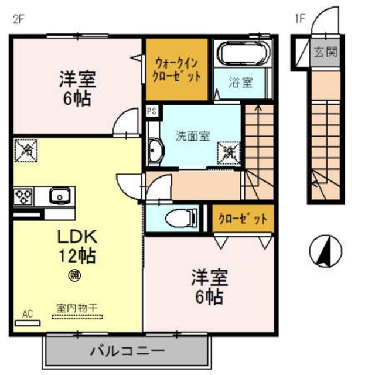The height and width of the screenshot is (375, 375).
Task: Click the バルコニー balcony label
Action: pyautogui.click(x=127, y=352)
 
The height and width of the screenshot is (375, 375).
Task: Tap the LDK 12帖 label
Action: pyautogui.click(x=76, y=246)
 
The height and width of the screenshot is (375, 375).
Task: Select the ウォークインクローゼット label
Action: pyautogui.click(x=177, y=69)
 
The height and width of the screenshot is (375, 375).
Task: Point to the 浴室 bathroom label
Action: pyautogui.click(x=241, y=83)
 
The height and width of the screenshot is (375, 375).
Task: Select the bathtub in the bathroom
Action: pyautogui.click(x=243, y=54)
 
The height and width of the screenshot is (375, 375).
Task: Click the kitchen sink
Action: pyautogui.click(x=60, y=195)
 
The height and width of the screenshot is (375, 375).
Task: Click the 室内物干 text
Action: pyautogui.click(x=77, y=307)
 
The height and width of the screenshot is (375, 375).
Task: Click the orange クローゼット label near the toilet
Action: pyautogui.click(x=242, y=220)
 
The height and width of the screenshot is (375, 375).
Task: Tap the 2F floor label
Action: pyautogui.click(x=18, y=18)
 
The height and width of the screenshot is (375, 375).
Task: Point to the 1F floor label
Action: pyautogui.click(x=300, y=18)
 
